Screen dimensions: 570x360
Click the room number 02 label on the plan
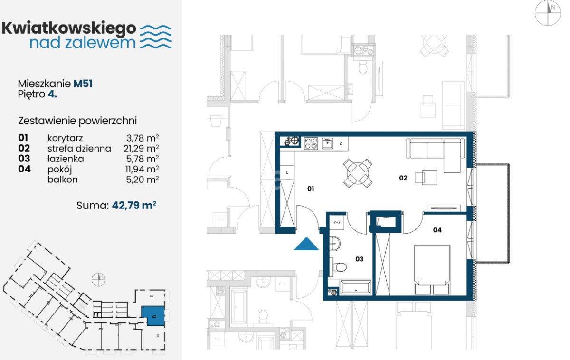point(403,178)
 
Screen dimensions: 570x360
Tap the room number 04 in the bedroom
point(437,230)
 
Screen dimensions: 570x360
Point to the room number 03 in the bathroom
point(359,259)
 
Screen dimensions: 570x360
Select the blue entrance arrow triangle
point(306,244)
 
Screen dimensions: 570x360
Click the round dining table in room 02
point(358,173)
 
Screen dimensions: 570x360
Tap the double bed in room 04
point(432,270)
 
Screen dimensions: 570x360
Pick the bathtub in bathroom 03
point(356,287)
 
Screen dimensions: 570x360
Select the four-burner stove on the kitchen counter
point(311,143)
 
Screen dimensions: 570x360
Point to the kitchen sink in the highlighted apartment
point(327,143)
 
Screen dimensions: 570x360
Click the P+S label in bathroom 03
point(337,223)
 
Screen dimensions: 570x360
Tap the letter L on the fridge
point(287,173)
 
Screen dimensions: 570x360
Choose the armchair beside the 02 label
point(426,177)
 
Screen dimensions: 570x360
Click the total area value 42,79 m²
point(134,205)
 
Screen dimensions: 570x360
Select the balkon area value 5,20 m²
point(142,180)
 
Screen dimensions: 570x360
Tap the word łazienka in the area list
point(66,159)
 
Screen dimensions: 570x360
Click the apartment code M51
point(83,84)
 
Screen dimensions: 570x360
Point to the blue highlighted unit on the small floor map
point(152,316)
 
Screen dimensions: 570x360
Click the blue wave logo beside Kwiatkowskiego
point(156,37)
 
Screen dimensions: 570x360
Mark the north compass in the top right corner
point(548,13)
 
